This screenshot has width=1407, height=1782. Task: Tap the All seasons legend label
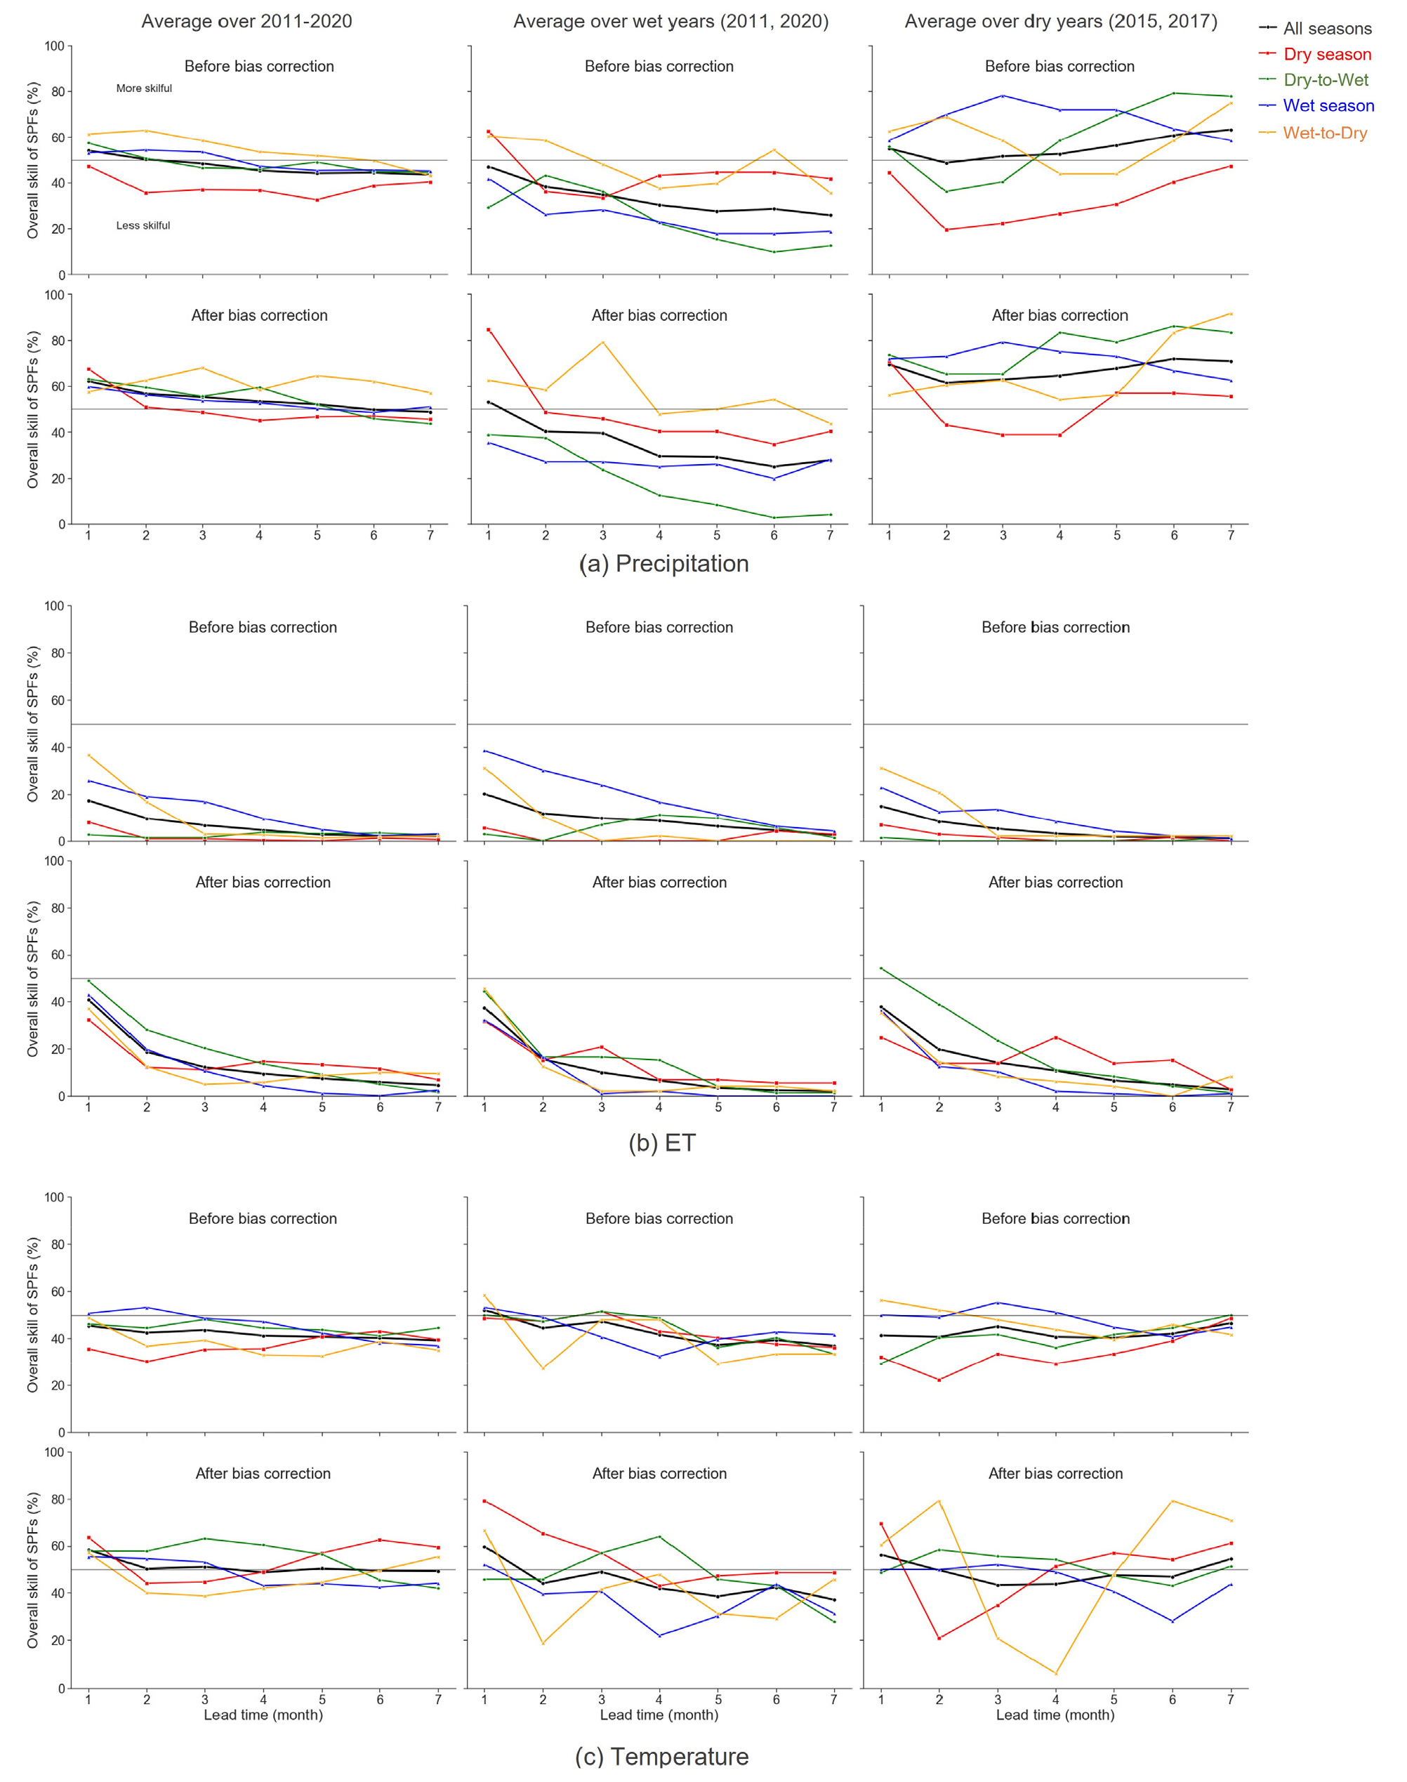click(1327, 29)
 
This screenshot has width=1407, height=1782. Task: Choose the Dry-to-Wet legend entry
click(1326, 80)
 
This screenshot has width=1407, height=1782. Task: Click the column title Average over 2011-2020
click(246, 22)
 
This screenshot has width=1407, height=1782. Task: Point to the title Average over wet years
click(671, 22)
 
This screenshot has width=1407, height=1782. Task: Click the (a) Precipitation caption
click(663, 564)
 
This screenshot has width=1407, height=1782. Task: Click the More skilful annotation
click(144, 88)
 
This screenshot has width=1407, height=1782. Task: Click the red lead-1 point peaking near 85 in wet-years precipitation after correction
click(489, 329)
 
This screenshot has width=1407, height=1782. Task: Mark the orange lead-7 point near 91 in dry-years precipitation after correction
click(1231, 314)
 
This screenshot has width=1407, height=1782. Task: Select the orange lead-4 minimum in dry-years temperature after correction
click(1055, 1673)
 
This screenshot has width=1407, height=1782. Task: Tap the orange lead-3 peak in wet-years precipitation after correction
click(603, 342)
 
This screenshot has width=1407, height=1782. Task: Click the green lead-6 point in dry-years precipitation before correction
click(1174, 93)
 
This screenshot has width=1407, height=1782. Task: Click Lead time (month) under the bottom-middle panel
click(659, 1715)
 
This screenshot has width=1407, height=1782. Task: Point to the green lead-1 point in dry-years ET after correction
click(881, 968)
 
